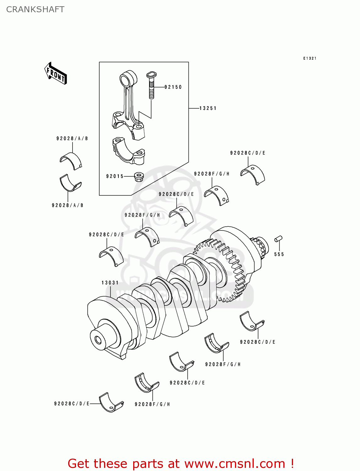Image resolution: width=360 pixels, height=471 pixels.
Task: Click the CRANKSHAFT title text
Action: pos(35,9)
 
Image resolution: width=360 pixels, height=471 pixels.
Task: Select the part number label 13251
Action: pos(208,108)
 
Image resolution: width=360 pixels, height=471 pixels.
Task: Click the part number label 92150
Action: pos(173,87)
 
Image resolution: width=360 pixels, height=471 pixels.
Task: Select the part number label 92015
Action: pos(115,176)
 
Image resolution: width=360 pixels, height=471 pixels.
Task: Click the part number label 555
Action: pos(279,254)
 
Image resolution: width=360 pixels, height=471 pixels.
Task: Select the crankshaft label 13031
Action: pos(110,283)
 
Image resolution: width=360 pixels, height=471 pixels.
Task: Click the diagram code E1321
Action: pos(310,58)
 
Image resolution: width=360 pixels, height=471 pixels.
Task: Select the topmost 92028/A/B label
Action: pos(72,138)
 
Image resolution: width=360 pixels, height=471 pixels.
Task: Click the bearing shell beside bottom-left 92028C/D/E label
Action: pos(111,402)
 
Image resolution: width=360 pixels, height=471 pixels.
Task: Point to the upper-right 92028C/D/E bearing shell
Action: pos(253,174)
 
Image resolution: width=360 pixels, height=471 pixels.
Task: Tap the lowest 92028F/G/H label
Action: pos(152,404)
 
